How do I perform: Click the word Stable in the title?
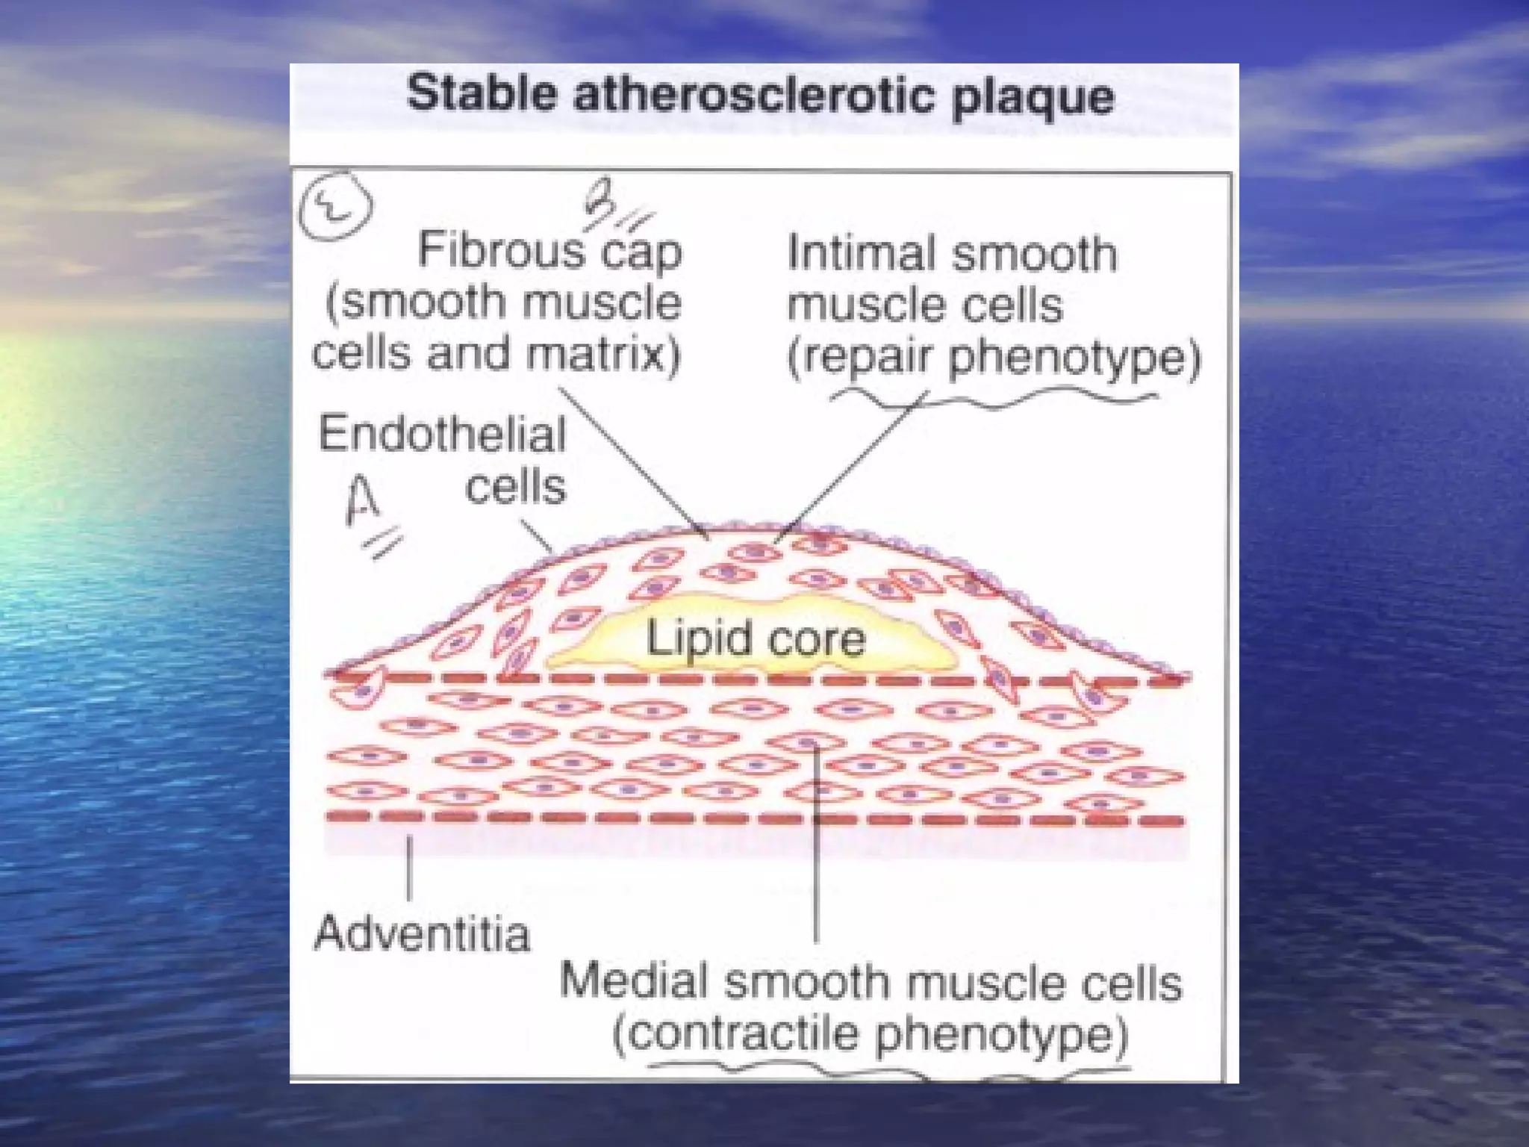pos(481,95)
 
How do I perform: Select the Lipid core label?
pos(755,639)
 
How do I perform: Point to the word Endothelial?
pos(442,434)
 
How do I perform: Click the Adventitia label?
pos(422,934)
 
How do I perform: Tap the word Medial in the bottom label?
pos(634,981)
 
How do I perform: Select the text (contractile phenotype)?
pos(870,1034)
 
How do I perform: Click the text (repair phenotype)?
pos(994,357)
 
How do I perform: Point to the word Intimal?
pos(858,254)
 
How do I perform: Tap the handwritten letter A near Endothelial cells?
pos(363,501)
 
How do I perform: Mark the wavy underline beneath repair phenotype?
pos(993,400)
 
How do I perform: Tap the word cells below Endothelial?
pos(515,488)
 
